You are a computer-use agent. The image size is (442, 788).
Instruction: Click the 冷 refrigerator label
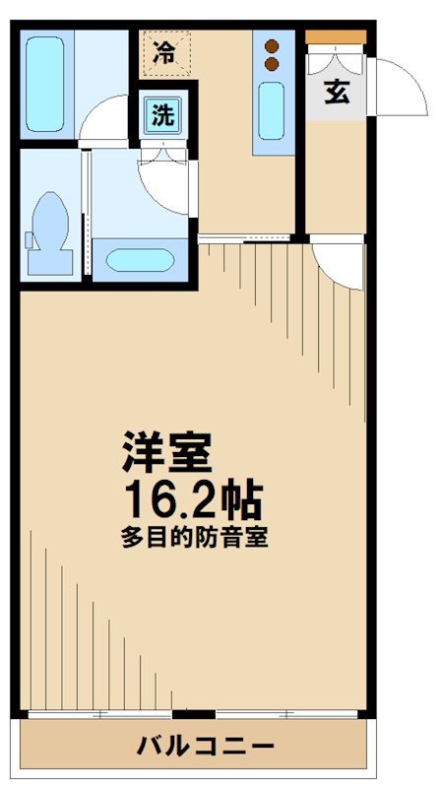point(164,52)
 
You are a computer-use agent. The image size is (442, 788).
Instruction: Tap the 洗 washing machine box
point(161,115)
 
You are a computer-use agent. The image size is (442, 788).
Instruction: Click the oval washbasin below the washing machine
point(141,261)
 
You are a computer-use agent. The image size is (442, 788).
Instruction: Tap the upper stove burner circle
point(273,45)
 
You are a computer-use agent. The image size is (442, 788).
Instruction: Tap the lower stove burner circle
point(273,65)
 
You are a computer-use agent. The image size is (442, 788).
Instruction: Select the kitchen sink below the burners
point(273,110)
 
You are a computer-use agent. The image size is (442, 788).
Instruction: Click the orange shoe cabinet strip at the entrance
point(336,36)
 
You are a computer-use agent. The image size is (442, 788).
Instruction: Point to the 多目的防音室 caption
point(196,539)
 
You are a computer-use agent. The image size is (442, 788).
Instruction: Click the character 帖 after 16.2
point(241,502)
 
